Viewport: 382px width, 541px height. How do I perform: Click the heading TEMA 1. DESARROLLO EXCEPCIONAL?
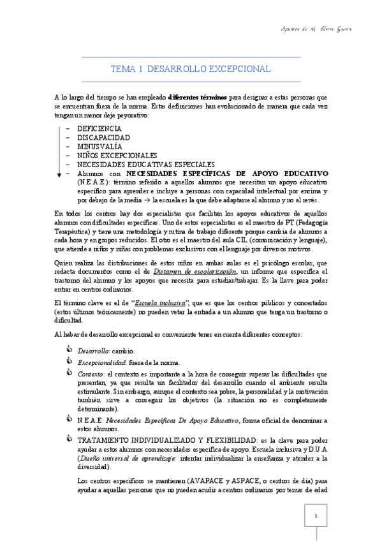[x=191, y=69]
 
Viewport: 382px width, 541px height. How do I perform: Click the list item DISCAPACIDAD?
[x=103, y=138]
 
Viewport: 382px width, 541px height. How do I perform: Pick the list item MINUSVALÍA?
[x=99, y=147]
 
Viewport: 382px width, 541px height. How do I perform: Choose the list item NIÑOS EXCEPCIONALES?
[x=117, y=156]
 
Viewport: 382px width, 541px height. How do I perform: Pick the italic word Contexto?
[x=90, y=374]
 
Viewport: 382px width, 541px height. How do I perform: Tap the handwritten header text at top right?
[x=316, y=29]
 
